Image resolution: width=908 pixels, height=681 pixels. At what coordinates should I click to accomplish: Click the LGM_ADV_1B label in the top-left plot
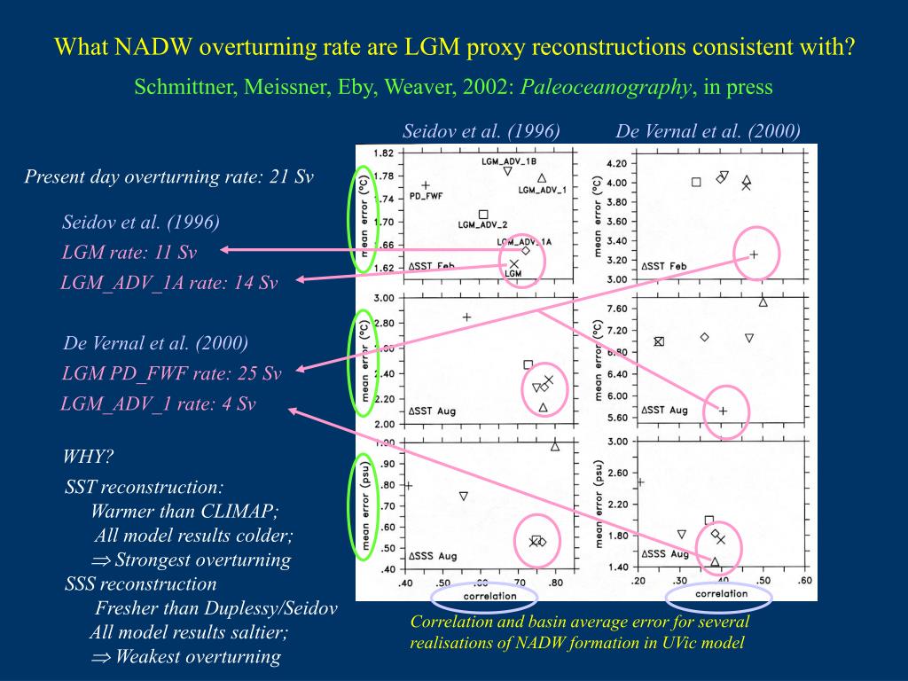click(x=508, y=162)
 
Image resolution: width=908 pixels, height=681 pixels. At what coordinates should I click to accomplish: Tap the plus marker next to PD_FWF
click(x=426, y=185)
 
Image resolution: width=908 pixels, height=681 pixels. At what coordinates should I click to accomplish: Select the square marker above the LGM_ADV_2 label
click(x=483, y=214)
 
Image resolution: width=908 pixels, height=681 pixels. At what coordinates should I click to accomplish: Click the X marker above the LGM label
click(x=513, y=263)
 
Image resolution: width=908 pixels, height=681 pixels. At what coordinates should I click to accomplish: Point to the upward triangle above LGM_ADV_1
click(x=542, y=178)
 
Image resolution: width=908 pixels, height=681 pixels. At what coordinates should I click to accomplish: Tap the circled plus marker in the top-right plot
click(x=755, y=254)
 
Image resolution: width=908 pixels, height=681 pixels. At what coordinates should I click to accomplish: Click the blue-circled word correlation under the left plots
click(x=489, y=596)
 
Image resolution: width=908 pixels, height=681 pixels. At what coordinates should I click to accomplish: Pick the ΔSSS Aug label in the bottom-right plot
click(x=665, y=554)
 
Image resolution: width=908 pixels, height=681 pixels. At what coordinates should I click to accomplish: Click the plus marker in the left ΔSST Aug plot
click(x=466, y=317)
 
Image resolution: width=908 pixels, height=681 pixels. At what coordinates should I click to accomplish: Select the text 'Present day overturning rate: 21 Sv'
click(x=168, y=176)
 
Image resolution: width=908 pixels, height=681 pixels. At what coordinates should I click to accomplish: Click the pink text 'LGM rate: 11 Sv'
click(x=129, y=252)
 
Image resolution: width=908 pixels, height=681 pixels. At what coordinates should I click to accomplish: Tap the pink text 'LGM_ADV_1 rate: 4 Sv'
click(x=158, y=403)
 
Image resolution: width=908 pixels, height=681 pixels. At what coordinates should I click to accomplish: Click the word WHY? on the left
click(x=89, y=458)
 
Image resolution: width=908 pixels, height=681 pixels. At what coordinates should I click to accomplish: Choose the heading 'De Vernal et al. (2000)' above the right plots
click(x=708, y=131)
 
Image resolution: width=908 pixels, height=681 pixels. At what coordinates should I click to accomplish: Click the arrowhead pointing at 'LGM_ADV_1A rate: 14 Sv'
click(x=300, y=280)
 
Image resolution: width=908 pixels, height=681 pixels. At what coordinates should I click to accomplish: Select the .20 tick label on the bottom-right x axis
click(x=638, y=581)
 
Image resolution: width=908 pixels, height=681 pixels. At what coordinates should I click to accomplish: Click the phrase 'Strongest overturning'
click(x=202, y=560)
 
